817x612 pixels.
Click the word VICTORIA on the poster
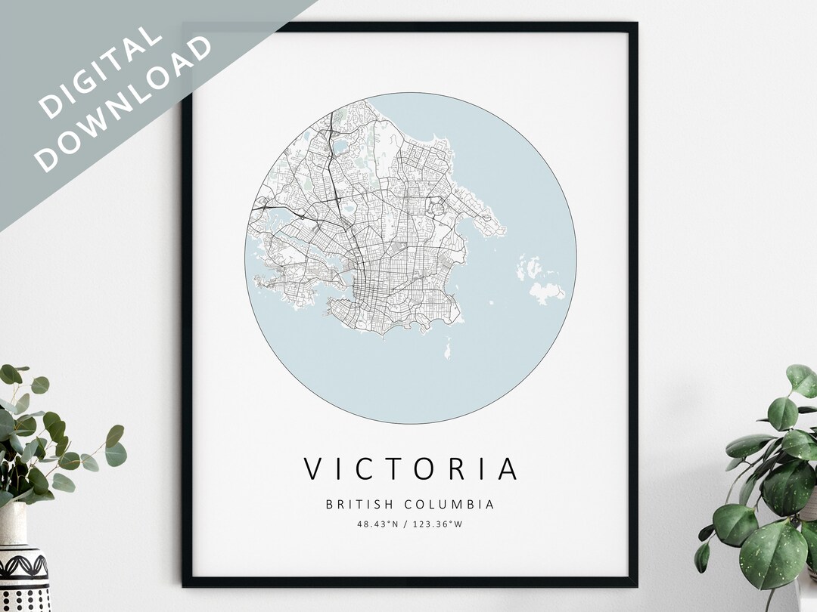[411, 468]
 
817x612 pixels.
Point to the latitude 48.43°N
[377, 524]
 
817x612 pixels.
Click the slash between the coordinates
[406, 524]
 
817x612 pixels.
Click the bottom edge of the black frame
[409, 582]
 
